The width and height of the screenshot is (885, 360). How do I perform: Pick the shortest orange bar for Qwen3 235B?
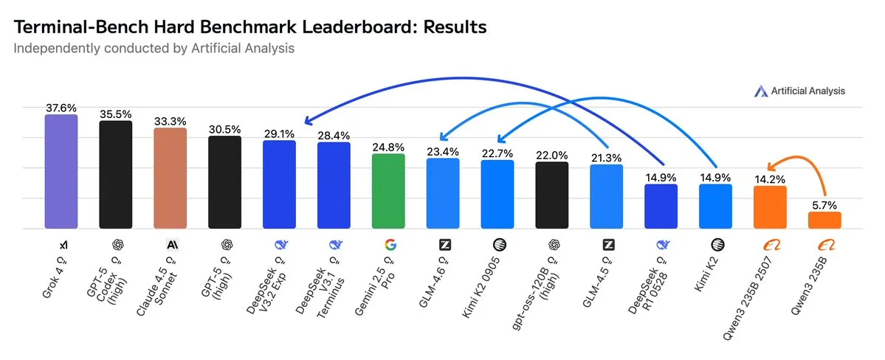pyautogui.click(x=824, y=220)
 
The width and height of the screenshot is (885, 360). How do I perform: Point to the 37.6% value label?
pyautogui.click(x=61, y=107)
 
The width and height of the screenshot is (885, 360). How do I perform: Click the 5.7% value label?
pyautogui.click(x=824, y=204)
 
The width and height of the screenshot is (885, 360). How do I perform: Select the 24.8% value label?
pyautogui.click(x=388, y=146)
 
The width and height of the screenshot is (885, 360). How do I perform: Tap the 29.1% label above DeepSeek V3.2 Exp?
pyautogui.click(x=279, y=134)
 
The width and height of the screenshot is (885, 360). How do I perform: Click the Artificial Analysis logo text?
pyautogui.click(x=807, y=91)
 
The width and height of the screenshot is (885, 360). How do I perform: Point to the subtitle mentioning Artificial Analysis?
pyautogui.click(x=154, y=49)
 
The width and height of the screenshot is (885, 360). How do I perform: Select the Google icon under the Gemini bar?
pyautogui.click(x=389, y=243)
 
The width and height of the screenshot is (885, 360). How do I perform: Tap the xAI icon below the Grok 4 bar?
pyautogui.click(x=61, y=243)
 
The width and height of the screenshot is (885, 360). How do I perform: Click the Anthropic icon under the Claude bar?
pyautogui.click(x=171, y=243)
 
